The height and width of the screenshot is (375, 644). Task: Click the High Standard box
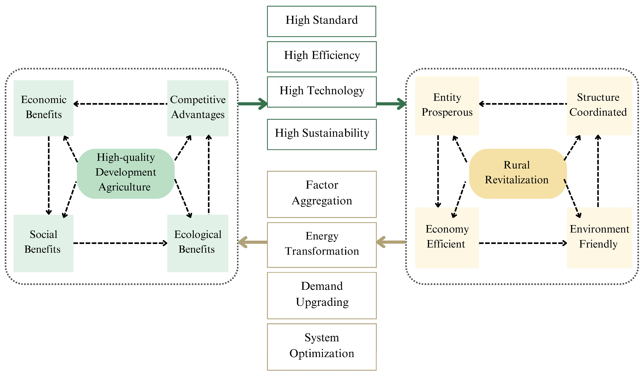pos(321,21)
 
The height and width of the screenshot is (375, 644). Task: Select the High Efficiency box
pos(321,57)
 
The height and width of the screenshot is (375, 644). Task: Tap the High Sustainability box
pos(321,134)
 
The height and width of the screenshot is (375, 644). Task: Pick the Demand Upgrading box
pos(321,295)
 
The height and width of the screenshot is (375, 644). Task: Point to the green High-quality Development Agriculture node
pos(126,173)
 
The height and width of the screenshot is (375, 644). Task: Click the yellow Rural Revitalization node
pos(518,173)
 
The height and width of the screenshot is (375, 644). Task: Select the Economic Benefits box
pos(43,108)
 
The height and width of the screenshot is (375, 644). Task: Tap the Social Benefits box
pos(43,243)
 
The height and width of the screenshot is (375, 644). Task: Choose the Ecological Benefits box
pos(198,243)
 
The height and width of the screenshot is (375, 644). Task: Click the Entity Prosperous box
pos(447,106)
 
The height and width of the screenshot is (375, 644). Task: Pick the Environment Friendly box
pos(599,237)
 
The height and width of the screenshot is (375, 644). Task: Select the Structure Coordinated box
pos(599,106)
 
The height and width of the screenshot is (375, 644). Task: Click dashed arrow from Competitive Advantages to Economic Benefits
pos(120,104)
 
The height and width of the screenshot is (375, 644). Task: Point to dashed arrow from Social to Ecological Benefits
pos(120,243)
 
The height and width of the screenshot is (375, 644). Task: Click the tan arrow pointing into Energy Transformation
pos(391,242)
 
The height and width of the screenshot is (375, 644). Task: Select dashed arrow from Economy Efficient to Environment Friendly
pos(523,243)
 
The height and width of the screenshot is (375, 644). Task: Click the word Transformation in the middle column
pos(322,251)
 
